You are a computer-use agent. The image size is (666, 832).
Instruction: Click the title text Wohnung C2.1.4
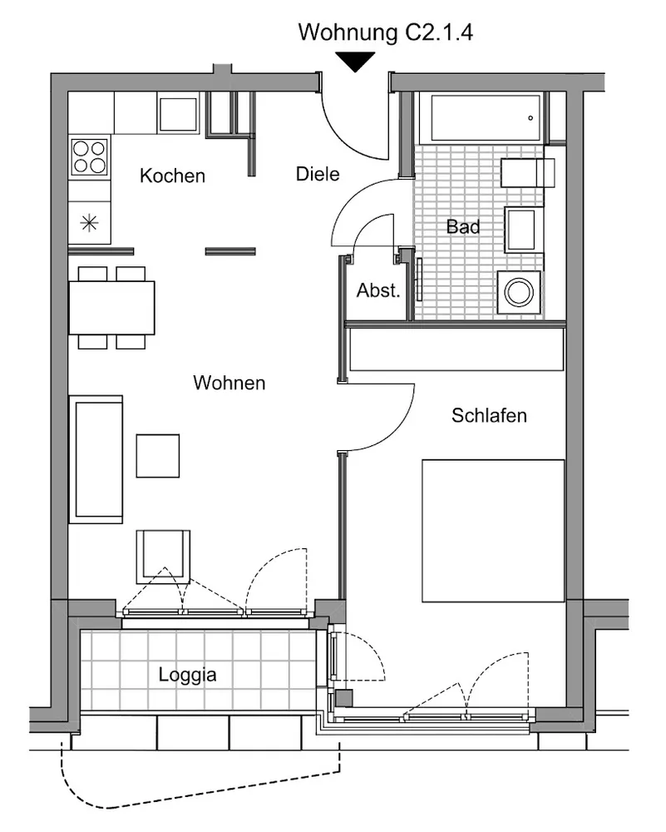385,33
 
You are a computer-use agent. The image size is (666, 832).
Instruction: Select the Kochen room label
172,176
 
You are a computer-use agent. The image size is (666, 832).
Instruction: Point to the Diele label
318,174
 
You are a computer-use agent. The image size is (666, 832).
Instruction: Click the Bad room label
463,226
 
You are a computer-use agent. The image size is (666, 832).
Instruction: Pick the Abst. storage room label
378,290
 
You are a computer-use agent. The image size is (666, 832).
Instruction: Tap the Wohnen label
229,383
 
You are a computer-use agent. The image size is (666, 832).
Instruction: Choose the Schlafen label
489,415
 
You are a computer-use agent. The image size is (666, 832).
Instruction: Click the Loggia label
187,675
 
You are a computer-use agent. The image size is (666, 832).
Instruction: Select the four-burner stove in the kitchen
90,156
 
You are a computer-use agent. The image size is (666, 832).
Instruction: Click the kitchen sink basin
178,113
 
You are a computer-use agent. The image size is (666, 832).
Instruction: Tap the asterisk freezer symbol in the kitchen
89,222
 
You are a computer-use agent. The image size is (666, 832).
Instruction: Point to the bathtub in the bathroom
486,118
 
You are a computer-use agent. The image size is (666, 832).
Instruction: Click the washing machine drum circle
519,292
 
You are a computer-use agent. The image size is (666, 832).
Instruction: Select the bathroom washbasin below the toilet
523,230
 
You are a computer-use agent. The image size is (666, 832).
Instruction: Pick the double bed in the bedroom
493,531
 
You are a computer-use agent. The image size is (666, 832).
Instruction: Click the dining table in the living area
111,308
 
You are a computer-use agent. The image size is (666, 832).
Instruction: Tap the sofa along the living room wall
96,459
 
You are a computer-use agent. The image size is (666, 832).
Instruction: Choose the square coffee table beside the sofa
157,456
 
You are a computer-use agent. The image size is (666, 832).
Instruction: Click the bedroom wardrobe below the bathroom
456,349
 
